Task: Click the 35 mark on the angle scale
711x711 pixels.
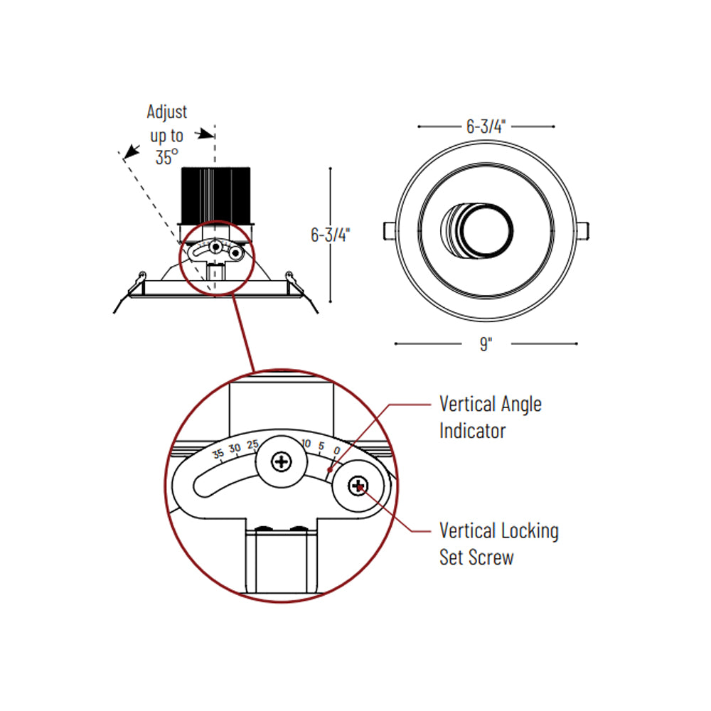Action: click(x=218, y=453)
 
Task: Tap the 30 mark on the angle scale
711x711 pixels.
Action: click(x=235, y=449)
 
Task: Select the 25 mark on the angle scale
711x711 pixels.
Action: click(x=252, y=444)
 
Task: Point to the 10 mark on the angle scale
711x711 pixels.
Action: click(x=306, y=443)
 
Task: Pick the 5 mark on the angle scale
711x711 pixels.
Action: click(x=321, y=446)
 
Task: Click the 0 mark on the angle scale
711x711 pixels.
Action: click(x=336, y=450)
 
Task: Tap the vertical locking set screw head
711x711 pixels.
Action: click(x=358, y=486)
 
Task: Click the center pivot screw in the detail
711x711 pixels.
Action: click(x=281, y=461)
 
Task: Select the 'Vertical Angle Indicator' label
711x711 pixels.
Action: click(x=490, y=417)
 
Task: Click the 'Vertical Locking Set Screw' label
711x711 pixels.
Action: click(x=499, y=544)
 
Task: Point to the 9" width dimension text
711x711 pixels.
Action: click(x=486, y=343)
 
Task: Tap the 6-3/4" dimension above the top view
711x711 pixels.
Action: click(x=486, y=127)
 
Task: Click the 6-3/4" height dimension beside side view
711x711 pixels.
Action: click(x=330, y=235)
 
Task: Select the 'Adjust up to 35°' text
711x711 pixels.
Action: click(x=167, y=134)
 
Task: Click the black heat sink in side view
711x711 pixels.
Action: click(x=216, y=196)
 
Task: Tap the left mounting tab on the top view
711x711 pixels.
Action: click(x=390, y=231)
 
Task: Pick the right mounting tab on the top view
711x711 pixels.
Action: click(x=583, y=231)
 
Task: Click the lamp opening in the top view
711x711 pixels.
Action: click(x=486, y=230)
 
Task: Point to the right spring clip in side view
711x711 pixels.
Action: click(x=300, y=290)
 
